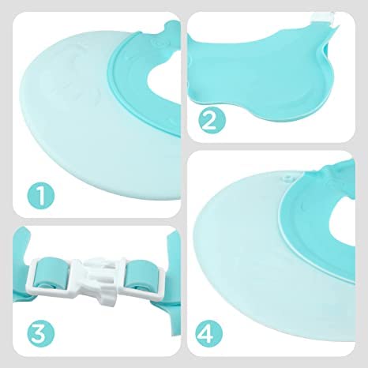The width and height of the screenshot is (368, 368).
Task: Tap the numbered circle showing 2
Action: click(x=208, y=121)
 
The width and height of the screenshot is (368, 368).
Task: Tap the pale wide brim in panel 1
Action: click(x=55, y=118)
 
